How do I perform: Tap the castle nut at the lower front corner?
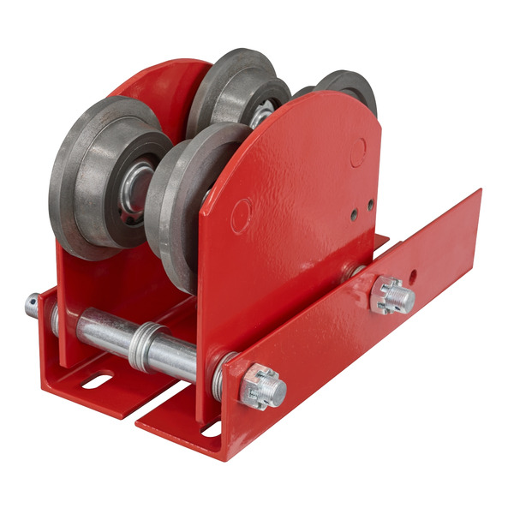pos(261,390)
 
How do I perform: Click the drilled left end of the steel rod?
pos(33,304)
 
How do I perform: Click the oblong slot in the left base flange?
pos(97,380)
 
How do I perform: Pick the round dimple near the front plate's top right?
pos(358,152)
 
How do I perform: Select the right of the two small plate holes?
pos(370,205)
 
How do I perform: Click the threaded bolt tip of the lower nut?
pos(277,391)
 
